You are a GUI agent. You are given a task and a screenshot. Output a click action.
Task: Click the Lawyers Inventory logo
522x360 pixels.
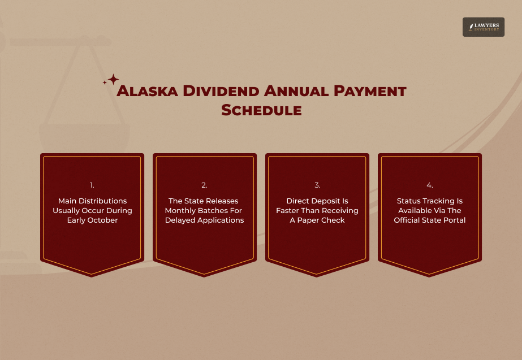(x=483, y=27)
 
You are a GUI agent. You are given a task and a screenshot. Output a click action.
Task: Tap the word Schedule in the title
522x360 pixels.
(x=261, y=110)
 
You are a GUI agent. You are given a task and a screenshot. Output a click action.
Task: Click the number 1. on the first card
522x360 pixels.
(x=92, y=185)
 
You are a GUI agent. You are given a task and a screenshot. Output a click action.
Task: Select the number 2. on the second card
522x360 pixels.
(x=204, y=185)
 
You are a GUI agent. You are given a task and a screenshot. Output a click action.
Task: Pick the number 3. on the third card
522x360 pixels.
(x=317, y=185)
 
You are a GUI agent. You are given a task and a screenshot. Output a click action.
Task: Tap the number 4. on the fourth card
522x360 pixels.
(x=430, y=185)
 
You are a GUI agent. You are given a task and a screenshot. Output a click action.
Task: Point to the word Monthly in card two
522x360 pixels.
(x=179, y=211)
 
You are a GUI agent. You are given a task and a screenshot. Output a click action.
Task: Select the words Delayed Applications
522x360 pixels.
(x=204, y=220)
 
